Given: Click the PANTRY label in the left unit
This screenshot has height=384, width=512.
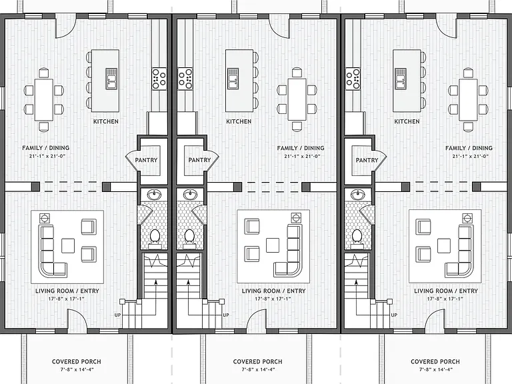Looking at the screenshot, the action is pos(146,160).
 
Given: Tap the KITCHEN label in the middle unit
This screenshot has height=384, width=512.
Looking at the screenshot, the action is pos(239,121).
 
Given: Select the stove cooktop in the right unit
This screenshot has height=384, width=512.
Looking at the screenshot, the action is pos(353,79).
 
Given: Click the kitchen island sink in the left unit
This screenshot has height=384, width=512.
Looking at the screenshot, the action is pos(111,79).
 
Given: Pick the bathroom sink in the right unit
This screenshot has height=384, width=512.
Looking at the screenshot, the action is pos(358,195).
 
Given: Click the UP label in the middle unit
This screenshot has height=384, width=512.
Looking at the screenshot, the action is pos(225,315).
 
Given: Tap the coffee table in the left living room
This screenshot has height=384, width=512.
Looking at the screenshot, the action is pos(68,245).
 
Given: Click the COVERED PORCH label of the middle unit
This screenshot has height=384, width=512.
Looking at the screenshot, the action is pos(257,361).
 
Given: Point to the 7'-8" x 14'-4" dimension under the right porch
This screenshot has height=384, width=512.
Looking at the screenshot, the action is pos(435,369).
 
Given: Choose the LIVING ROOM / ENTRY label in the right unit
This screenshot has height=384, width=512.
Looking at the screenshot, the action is pos(446,291).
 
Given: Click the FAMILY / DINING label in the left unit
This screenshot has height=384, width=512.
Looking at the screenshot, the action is pos(46,148).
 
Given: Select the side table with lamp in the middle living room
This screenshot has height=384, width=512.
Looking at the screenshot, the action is pos(296,218).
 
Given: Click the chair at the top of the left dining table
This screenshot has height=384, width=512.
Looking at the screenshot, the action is pos(44,73).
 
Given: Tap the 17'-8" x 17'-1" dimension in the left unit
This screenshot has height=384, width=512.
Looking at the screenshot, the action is pos(67,299).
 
